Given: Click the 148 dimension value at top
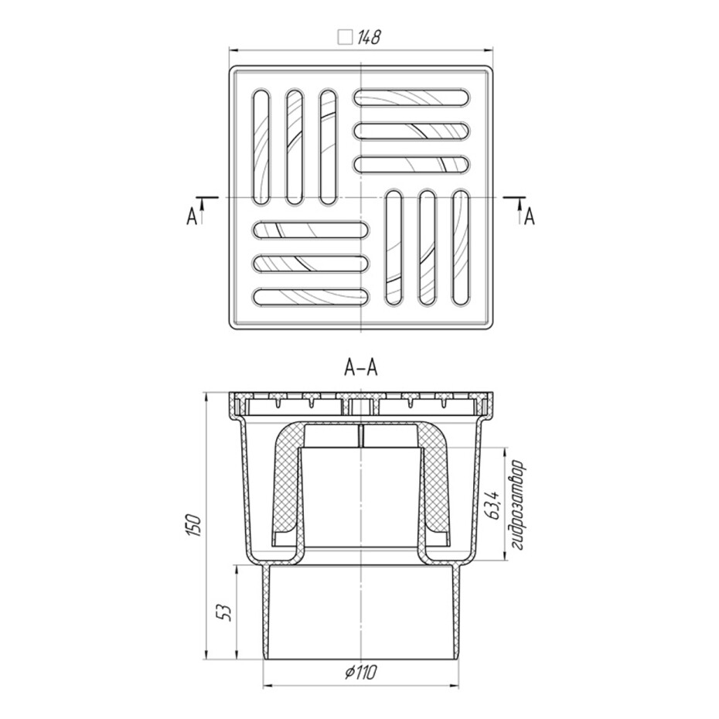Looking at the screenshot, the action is coord(369,36).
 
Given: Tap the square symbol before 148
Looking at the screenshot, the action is coord(344,37).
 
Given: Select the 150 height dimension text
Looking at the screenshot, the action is coord(193,526).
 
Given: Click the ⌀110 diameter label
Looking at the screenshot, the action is coord(361,673).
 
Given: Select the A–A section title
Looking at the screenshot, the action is coord(361,368).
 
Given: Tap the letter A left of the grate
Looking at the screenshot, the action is coord(192,217).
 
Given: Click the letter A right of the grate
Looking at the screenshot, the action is coord(530,216).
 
